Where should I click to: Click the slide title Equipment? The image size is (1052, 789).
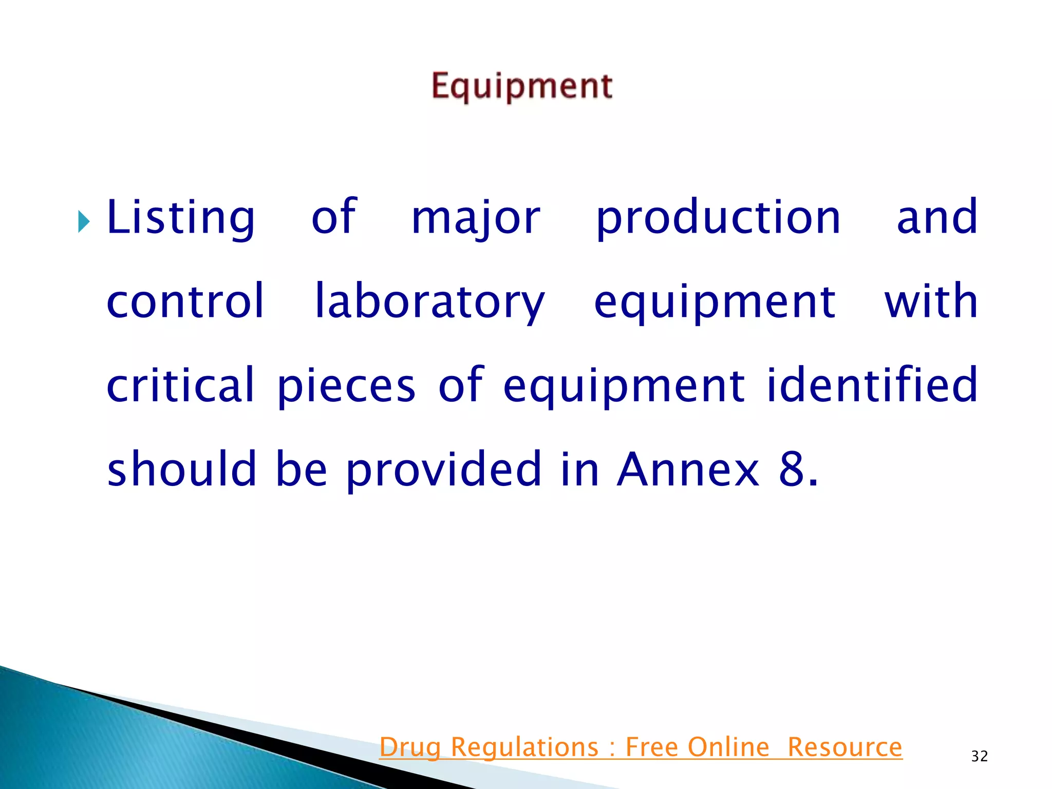pos(521,86)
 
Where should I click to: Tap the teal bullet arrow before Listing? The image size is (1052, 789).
pos(84,221)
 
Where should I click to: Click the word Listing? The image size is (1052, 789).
pos(180,218)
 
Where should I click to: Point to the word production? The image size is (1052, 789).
pos(718,218)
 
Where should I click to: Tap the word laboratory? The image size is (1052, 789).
pos(429,302)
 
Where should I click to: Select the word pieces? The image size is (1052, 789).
pos(346,386)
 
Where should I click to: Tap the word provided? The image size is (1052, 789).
pos(443,469)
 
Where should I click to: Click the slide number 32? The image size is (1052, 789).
pos(979,756)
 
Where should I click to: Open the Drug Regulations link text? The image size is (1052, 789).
pos(488,747)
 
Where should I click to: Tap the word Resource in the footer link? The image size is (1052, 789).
pos(844,747)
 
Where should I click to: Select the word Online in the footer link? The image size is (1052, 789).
pos(728,747)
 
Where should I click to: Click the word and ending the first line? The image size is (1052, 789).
pos(936,218)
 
